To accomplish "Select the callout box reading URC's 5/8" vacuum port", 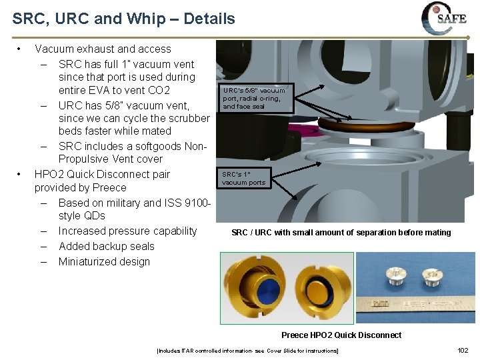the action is [x=254, y=98].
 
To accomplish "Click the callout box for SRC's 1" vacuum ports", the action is [x=243, y=179].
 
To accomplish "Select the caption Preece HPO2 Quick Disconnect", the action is [x=341, y=335].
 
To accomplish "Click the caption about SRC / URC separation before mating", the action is [x=341, y=233].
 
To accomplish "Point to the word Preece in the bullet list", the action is [x=109, y=188].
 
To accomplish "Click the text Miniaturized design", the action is [x=104, y=261].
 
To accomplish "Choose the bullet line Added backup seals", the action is [x=106, y=246].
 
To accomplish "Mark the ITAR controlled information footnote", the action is [x=247, y=351].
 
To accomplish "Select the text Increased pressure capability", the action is [x=127, y=231].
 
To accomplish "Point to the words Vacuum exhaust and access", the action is [x=103, y=49].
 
